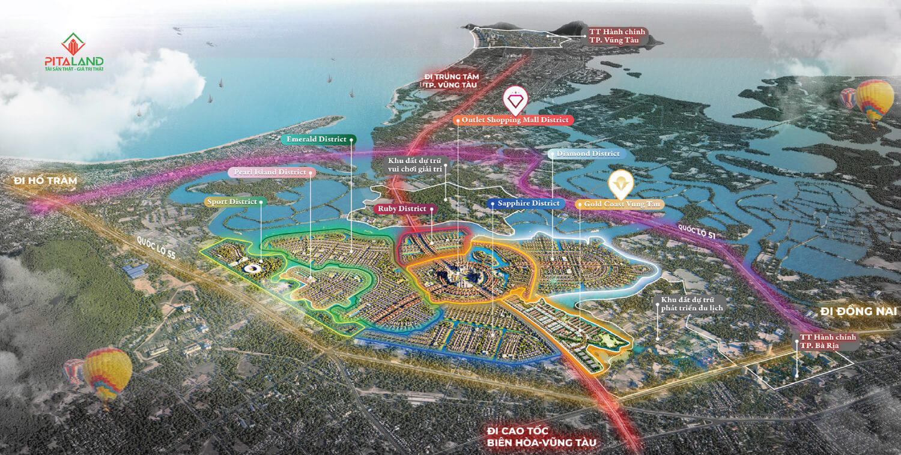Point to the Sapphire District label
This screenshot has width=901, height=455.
[x=527, y=203]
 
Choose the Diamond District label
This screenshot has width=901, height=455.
[x=587, y=154]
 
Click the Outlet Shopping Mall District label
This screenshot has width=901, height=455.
[x=514, y=120]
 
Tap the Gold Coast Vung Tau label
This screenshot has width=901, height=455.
[x=619, y=205]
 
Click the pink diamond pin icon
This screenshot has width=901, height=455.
[x=515, y=100]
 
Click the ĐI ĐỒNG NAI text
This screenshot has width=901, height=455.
[x=858, y=312]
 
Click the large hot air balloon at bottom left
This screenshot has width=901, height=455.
[x=107, y=373]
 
